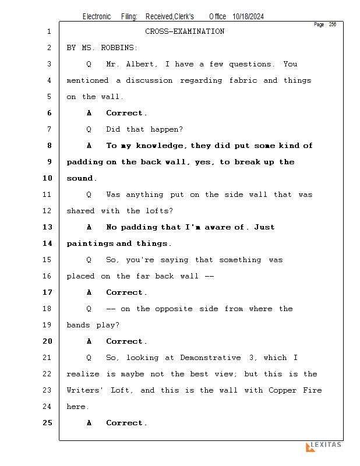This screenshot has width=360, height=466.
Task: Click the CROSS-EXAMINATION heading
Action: (185, 31)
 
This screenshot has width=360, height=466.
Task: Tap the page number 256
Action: (332, 24)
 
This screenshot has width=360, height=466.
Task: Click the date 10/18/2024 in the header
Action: (248, 17)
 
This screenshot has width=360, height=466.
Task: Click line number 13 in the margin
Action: (48, 227)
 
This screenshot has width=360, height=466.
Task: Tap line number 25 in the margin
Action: (48, 423)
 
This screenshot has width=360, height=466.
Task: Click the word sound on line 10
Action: (80, 178)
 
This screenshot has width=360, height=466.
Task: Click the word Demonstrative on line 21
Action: (210, 358)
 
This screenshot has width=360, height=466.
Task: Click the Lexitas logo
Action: (323, 446)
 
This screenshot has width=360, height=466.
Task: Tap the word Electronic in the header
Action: (97, 17)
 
